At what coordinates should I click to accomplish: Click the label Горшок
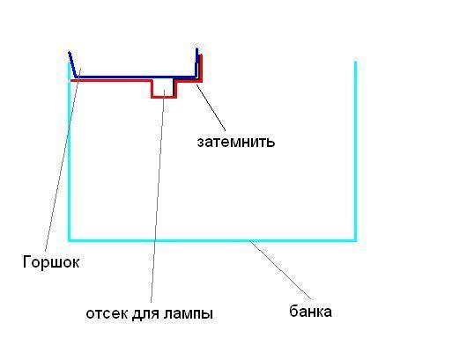point(51,261)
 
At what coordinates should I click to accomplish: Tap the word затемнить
point(236,142)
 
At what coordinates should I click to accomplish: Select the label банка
point(310,311)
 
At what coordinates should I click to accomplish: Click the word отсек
point(107,313)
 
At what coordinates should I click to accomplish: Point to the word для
point(146,313)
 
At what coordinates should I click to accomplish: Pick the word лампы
point(189,314)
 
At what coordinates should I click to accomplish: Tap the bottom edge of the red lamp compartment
point(164,97)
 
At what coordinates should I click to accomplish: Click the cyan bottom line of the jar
point(212,240)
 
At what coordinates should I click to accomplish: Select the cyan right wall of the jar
point(355,151)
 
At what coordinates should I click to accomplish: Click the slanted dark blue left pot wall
point(73,65)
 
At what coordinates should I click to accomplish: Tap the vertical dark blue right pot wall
point(196,62)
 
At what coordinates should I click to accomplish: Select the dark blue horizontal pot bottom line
point(136,77)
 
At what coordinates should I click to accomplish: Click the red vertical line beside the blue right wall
point(201,68)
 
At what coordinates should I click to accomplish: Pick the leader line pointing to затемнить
point(211,107)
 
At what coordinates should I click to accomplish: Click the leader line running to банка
point(280,269)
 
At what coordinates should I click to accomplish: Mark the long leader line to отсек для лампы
point(158,196)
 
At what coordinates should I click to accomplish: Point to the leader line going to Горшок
point(63,160)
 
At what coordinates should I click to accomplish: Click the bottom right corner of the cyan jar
point(355,240)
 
